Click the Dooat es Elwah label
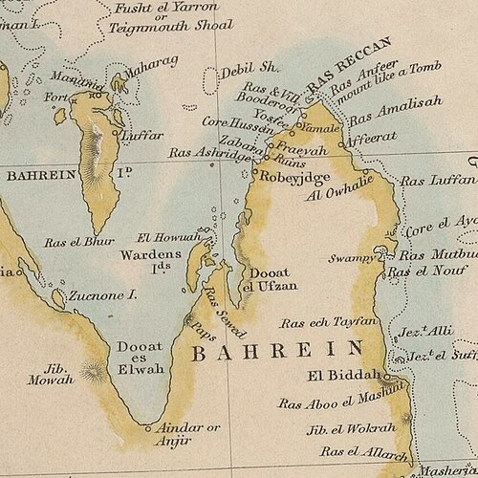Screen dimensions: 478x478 tap(139, 356)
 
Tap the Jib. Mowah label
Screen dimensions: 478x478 tap(56, 371)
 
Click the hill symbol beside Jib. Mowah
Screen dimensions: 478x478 tap(95, 368)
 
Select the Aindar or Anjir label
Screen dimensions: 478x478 tap(187, 433)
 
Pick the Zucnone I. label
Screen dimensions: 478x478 tap(101, 296)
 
